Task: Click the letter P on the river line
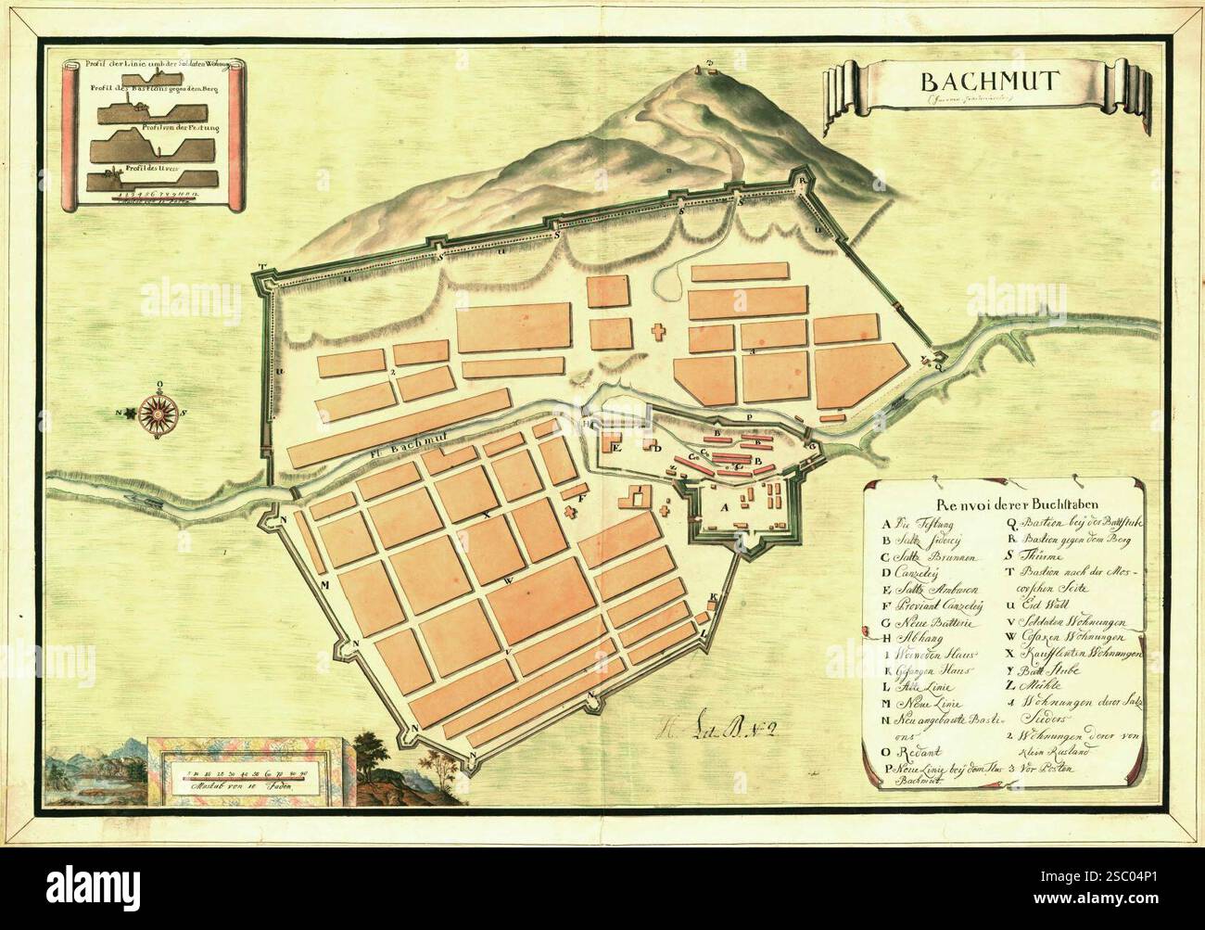(x=748, y=419)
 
